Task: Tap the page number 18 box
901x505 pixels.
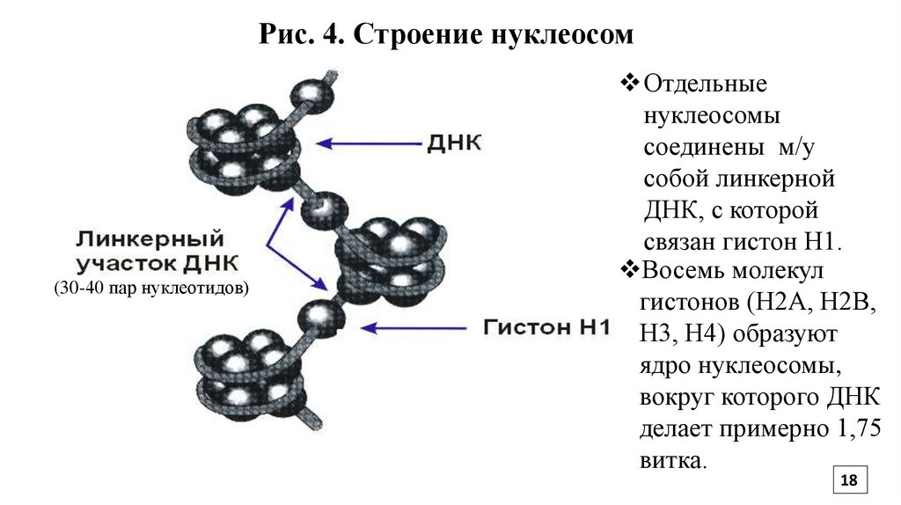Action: click(x=849, y=480)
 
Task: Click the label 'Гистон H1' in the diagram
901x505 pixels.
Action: click(x=546, y=327)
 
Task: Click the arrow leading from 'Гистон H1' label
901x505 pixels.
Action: click(x=414, y=327)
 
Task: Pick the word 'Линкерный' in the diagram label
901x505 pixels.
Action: click(x=150, y=238)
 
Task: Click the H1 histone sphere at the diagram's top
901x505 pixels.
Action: click(x=309, y=91)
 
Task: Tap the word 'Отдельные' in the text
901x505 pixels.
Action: click(x=707, y=84)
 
